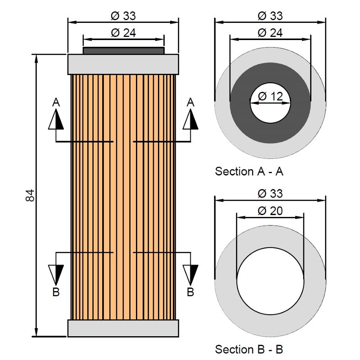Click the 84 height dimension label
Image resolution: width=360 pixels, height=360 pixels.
pyautogui.click(x=30, y=196)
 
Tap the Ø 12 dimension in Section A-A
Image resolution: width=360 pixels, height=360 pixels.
pyautogui.click(x=270, y=96)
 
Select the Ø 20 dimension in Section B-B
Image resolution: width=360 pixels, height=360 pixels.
pyautogui.click(x=270, y=211)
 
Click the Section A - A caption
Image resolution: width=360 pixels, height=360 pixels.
pyautogui.click(x=249, y=171)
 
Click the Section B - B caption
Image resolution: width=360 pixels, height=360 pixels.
pyautogui.click(x=249, y=349)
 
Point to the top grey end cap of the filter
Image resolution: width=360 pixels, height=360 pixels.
pyautogui.click(x=123, y=64)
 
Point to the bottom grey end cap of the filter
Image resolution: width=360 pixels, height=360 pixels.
pyautogui.click(x=123, y=328)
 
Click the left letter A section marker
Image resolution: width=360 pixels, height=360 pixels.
pyautogui.click(x=56, y=102)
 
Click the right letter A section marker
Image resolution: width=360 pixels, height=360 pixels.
pyautogui.click(x=190, y=102)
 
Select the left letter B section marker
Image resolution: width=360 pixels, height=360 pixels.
pyautogui.click(x=56, y=292)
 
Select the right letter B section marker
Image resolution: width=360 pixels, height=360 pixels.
pyautogui.click(x=190, y=292)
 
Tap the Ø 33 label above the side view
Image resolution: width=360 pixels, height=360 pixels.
pyautogui.click(x=123, y=16)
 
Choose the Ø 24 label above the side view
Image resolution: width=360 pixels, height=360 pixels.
pyautogui.click(x=123, y=32)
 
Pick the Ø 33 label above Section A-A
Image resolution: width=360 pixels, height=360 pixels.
pyautogui.click(x=270, y=16)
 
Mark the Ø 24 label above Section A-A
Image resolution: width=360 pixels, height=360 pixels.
pyautogui.click(x=270, y=32)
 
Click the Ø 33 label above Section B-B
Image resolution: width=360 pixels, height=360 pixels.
pyautogui.click(x=270, y=193)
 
